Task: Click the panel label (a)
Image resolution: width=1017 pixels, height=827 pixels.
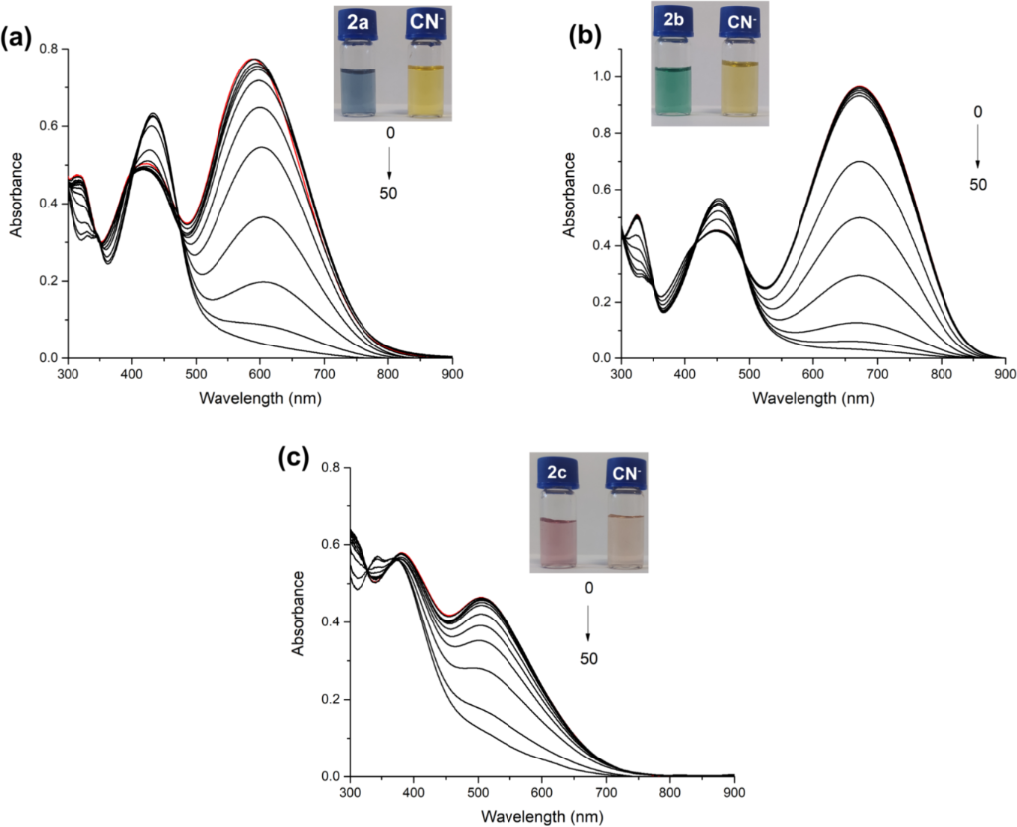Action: pos(20,38)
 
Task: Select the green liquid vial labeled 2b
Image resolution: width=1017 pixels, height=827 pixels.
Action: pos(680,78)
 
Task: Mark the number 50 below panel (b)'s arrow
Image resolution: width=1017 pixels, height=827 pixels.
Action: pos(978,186)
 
